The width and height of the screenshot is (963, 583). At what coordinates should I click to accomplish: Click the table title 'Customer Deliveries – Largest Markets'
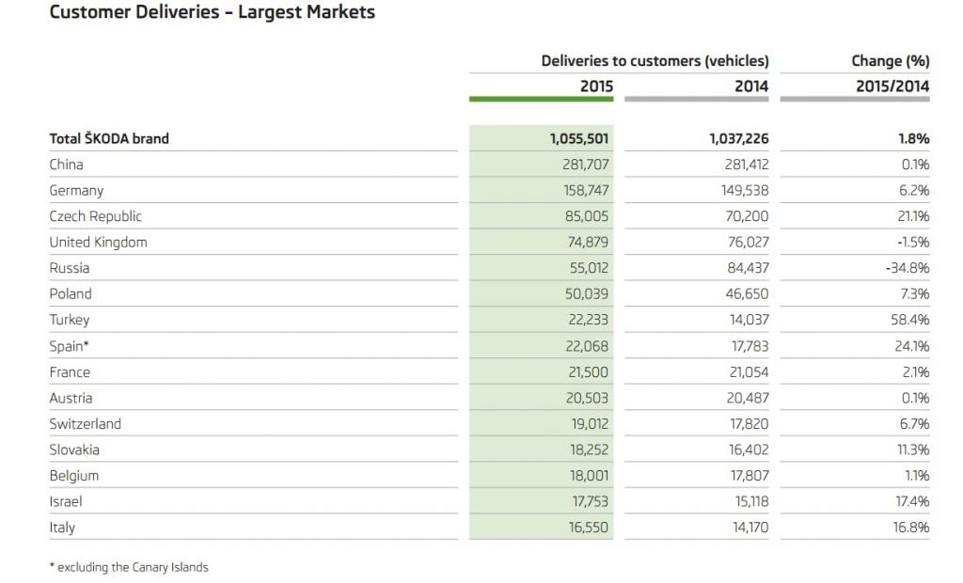click(x=212, y=11)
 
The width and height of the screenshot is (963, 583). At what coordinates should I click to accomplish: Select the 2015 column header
click(x=596, y=86)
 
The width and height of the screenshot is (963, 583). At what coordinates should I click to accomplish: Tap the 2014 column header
click(x=751, y=86)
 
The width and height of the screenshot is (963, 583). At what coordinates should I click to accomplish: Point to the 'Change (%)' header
click(x=891, y=61)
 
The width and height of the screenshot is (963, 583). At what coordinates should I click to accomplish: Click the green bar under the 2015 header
click(x=541, y=99)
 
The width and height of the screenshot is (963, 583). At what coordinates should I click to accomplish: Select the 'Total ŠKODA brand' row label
click(x=109, y=138)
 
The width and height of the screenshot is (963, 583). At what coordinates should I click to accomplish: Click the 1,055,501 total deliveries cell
click(x=579, y=139)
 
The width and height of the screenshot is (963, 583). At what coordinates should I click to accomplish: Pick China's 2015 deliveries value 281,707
click(x=585, y=165)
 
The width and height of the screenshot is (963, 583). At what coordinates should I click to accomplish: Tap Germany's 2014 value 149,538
click(x=745, y=191)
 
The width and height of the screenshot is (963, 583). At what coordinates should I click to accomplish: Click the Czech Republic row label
click(x=95, y=216)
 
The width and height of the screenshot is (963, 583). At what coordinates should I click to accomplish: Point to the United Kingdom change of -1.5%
click(x=913, y=242)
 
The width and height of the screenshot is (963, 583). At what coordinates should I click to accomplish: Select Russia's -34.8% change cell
click(x=908, y=268)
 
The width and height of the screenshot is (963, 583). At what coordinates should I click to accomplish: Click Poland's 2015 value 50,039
click(x=587, y=293)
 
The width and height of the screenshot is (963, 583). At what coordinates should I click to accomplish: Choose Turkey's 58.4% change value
click(x=911, y=320)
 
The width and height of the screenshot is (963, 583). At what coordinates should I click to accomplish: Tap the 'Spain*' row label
click(x=69, y=346)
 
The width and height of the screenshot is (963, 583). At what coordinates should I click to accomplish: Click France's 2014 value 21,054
click(x=749, y=371)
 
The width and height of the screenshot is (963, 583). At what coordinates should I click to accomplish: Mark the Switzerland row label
click(x=85, y=424)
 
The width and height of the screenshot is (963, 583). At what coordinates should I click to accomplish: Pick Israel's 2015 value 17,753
click(x=591, y=501)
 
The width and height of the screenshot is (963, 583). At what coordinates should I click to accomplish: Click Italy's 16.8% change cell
click(x=912, y=528)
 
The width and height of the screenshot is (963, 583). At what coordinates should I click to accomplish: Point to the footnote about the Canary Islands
click(x=129, y=567)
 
